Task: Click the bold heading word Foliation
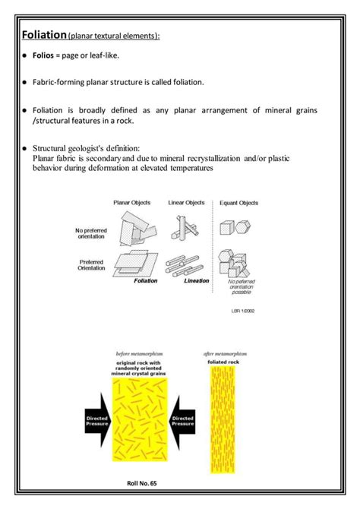tap(44, 35)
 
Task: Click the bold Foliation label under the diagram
tap(145, 280)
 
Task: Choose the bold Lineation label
tap(196, 280)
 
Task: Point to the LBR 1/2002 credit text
tap(243, 310)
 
